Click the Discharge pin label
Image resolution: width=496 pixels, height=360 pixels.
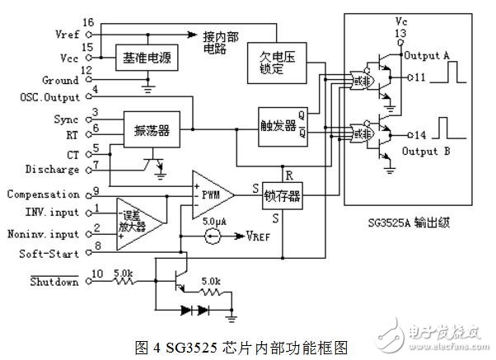coord(54,170)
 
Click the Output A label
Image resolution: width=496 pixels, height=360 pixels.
coord(428,55)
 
